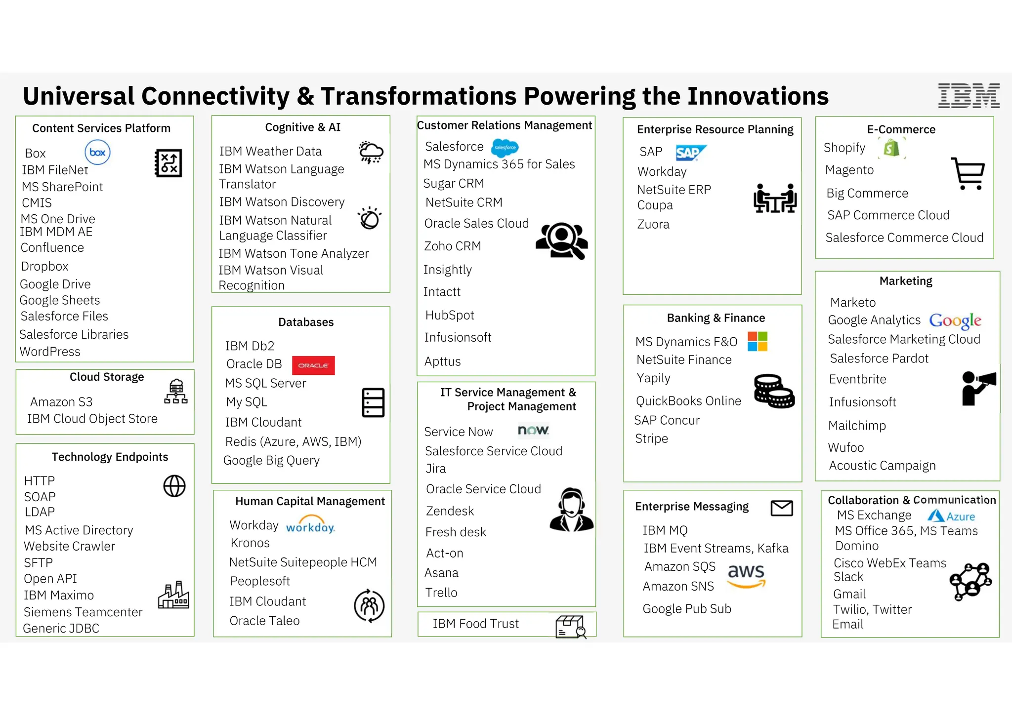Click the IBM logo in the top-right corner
tap(969, 96)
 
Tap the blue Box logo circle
tap(97, 152)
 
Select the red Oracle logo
tap(313, 365)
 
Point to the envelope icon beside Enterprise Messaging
tap(782, 508)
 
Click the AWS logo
tap(746, 576)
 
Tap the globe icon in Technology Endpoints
tap(174, 486)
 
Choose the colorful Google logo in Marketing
tap(955, 321)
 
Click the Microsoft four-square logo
tap(758, 341)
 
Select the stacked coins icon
tap(774, 391)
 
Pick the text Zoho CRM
tap(452, 246)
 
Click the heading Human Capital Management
tap(310, 501)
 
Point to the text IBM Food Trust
tap(475, 624)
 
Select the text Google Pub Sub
tap(687, 609)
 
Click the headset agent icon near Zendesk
tap(572, 510)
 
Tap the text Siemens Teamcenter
tap(83, 612)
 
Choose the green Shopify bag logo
tap(891, 148)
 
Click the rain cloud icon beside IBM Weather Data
tap(371, 152)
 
